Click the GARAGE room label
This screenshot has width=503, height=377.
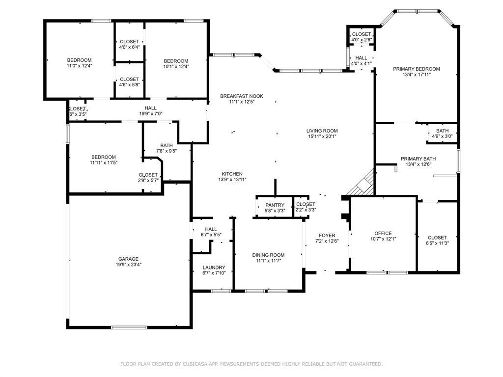point(128,259)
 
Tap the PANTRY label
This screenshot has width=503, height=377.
point(275,205)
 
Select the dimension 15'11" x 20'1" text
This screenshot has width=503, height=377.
point(322,136)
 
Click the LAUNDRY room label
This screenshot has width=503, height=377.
point(214,268)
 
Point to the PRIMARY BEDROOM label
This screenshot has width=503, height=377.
point(416,69)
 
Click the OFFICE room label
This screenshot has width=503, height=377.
point(383,233)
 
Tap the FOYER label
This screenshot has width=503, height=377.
point(327,235)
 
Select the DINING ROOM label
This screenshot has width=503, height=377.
point(268,255)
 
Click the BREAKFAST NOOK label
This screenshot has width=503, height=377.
point(241,96)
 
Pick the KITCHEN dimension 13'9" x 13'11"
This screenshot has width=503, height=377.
point(232,180)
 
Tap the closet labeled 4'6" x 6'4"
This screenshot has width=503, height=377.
point(129,44)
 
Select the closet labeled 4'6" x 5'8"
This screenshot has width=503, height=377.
point(129,82)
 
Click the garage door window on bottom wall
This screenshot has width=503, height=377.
point(122,327)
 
